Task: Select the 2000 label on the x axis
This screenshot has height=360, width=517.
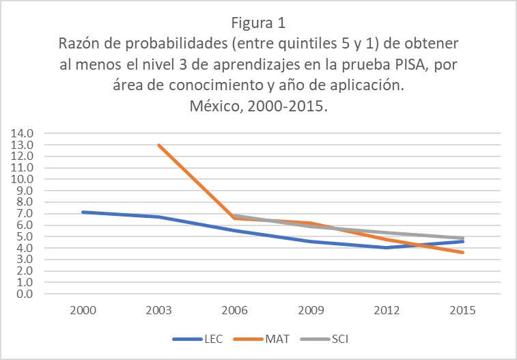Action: [83, 309]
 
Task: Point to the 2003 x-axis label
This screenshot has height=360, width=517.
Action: [158, 309]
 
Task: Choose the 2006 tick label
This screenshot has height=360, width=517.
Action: [234, 309]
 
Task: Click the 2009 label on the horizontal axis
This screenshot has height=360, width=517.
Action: [311, 309]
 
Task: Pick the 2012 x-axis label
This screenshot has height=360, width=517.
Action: [387, 309]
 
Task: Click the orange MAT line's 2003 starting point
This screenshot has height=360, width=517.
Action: [158, 145]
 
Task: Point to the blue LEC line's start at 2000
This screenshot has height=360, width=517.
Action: [83, 212]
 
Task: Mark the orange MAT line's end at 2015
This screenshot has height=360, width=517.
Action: [463, 253]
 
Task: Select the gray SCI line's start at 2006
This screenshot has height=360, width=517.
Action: [234, 216]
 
